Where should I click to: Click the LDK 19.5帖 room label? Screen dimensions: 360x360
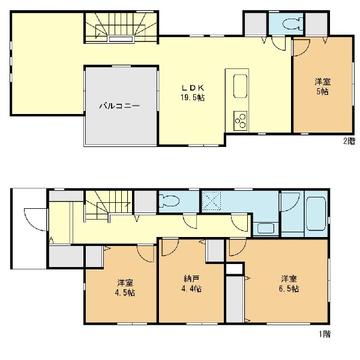tap(193, 93)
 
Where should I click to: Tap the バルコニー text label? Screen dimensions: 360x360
tap(119, 106)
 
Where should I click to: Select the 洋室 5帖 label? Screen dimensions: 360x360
tap(323, 86)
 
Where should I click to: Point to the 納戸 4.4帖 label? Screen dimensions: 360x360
tap(191, 284)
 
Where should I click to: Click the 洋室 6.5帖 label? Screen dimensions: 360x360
tap(289, 284)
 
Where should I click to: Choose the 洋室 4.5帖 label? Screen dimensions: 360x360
tap(125, 287)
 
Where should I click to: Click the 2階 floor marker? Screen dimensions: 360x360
tap(349, 141)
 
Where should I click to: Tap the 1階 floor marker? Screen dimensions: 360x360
tap(325, 334)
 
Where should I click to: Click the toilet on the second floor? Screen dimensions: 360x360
tap(292, 23)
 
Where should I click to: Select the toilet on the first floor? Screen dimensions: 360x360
tap(169, 200)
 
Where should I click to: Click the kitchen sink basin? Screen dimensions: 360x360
tap(240, 86)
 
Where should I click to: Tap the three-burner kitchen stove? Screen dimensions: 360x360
tap(241, 121)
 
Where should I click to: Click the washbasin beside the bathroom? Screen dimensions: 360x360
tap(266, 228)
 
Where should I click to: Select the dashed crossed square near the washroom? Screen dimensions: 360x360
tap(211, 200)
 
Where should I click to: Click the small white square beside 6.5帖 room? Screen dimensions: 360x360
tap(235, 269)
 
